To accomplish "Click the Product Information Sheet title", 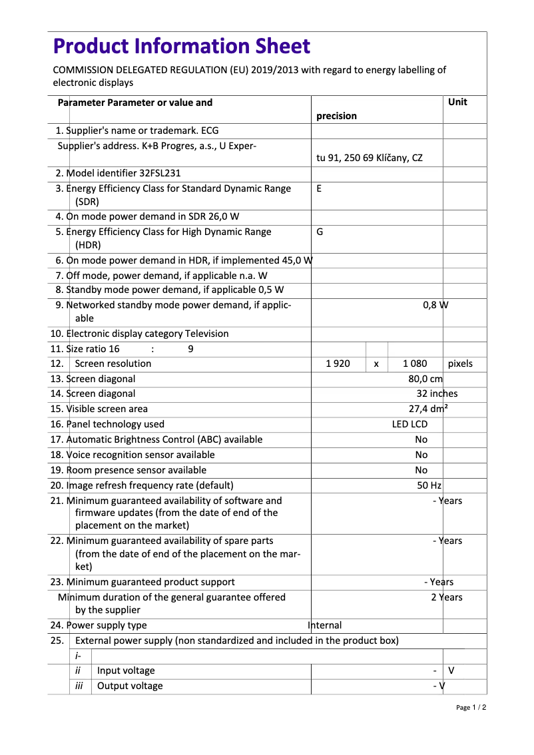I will [x=181, y=46].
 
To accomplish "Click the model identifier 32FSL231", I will [x=160, y=173].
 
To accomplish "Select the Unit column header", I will [x=457, y=102].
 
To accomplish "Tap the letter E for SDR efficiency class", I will [x=319, y=188].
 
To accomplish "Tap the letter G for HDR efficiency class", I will [x=320, y=232].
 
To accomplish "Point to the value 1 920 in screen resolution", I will [x=338, y=364].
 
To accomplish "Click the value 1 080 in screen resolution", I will [x=415, y=364].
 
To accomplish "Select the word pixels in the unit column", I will [x=460, y=364].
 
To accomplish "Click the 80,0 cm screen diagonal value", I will [x=425, y=379].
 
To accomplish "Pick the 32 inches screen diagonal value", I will [x=437, y=393].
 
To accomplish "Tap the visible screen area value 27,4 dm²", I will [x=427, y=409].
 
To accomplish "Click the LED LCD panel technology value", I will [x=409, y=424].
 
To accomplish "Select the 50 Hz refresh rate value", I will [x=429, y=485].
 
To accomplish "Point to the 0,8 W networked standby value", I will [x=435, y=305].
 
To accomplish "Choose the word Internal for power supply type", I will [x=325, y=625].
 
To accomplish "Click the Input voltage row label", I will [x=126, y=670].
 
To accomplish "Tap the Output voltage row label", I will [x=130, y=686].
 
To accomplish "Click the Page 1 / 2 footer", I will [x=471, y=708].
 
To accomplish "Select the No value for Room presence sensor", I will [x=421, y=470].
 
